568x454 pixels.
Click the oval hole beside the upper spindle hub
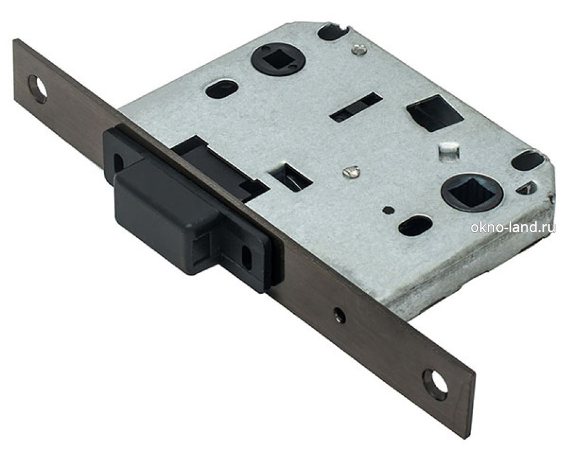(x=222, y=89)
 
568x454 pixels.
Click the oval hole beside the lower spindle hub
(x=415, y=226)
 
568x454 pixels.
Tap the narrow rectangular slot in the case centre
(x=356, y=107)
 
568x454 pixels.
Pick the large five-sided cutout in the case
(x=435, y=112)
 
